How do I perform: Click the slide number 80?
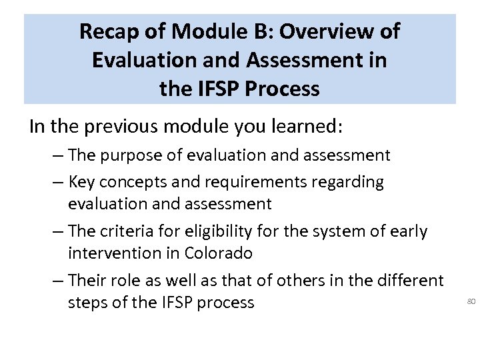click(471, 302)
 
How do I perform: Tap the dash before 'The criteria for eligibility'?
click(57, 232)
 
